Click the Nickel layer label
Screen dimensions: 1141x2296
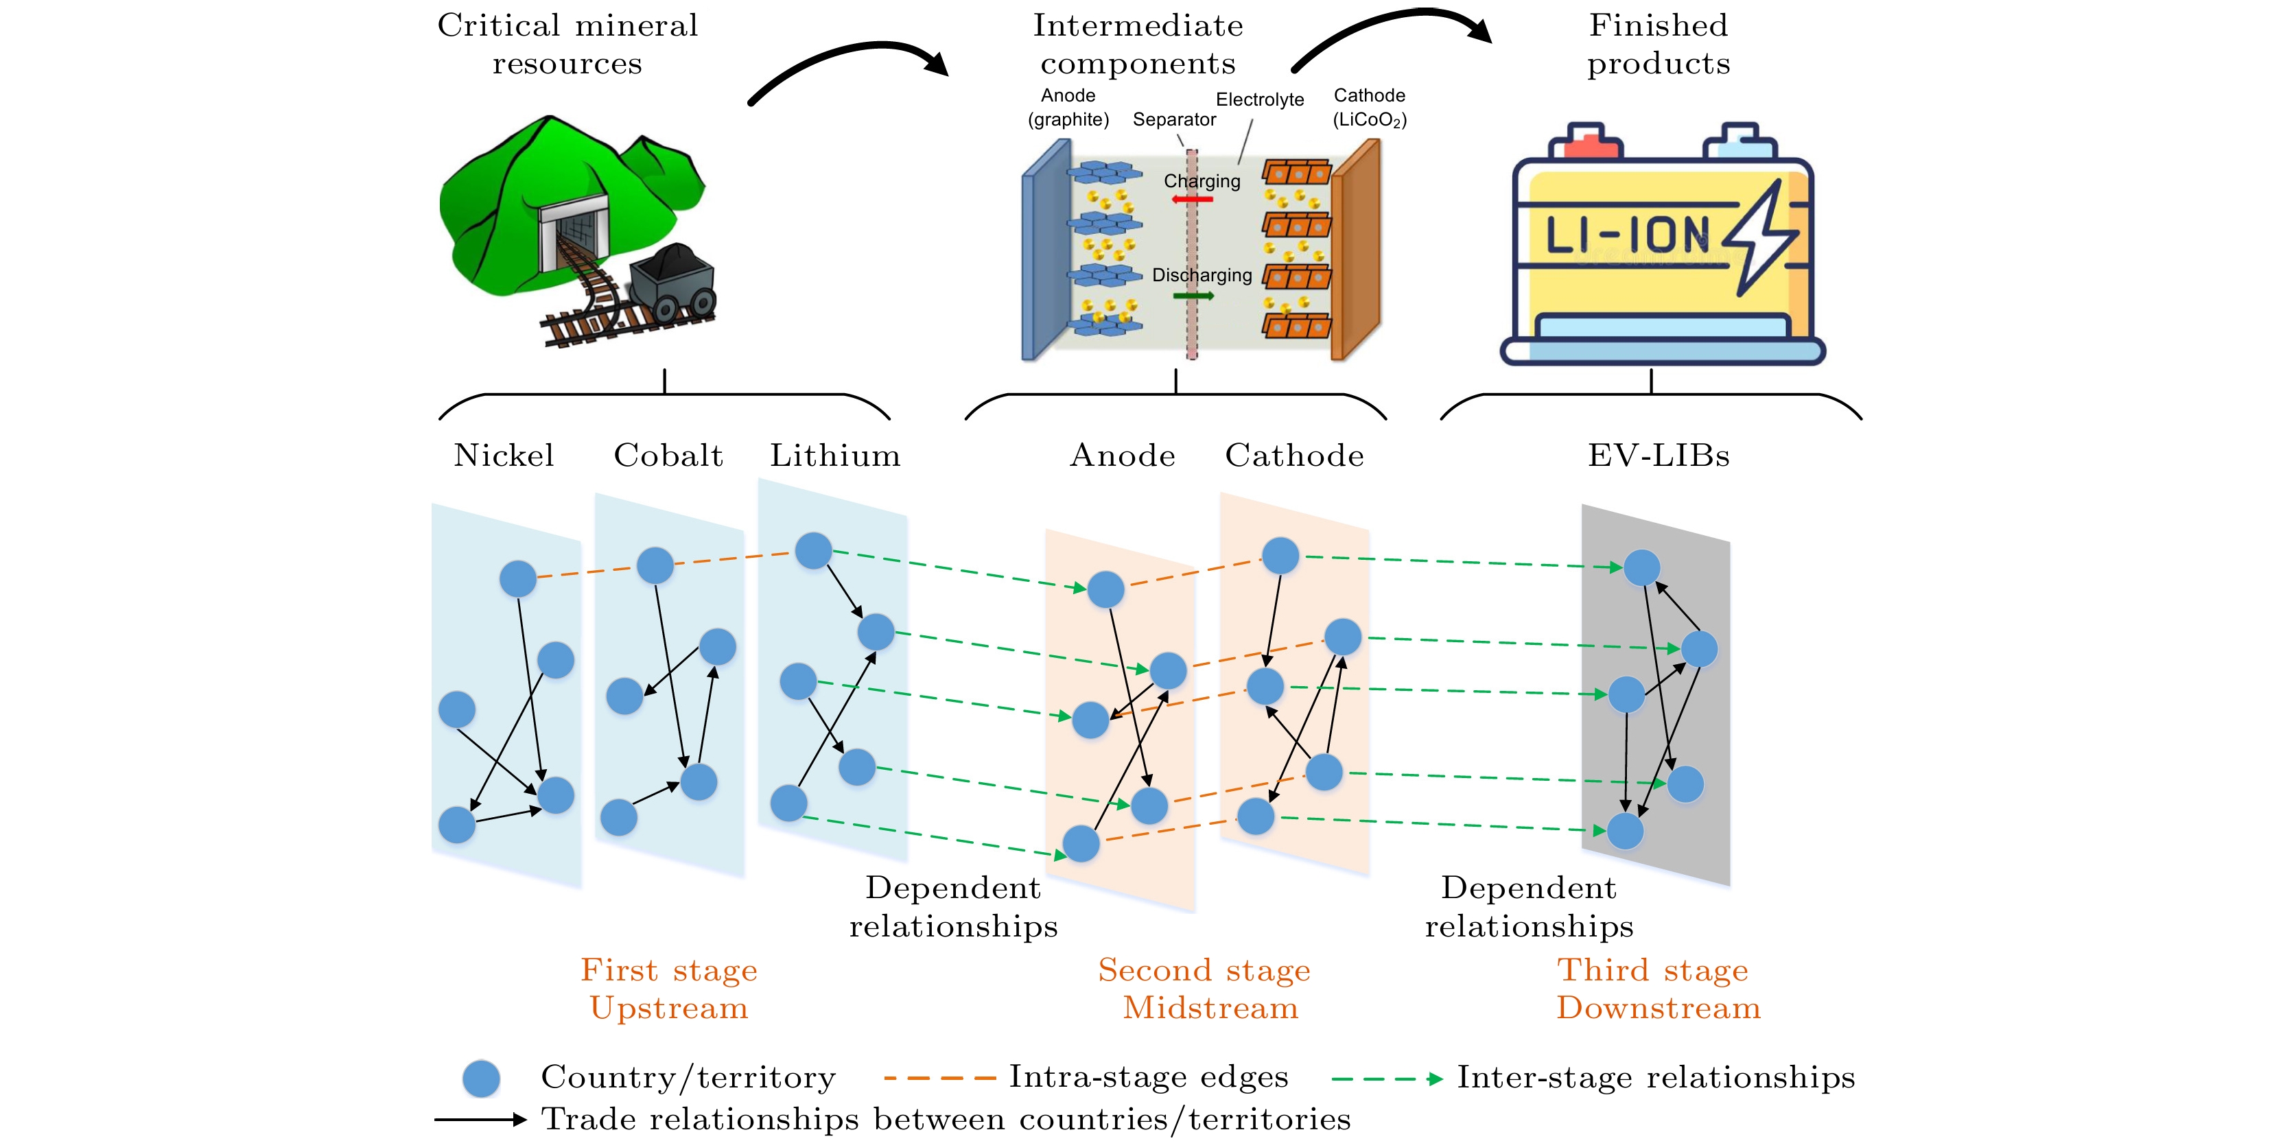pos(504,456)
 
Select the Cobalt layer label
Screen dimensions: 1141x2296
pos(668,456)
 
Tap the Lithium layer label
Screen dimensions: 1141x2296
pos(835,456)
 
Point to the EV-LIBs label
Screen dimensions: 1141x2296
pos(1658,456)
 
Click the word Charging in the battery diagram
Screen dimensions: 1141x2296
pos(1202,181)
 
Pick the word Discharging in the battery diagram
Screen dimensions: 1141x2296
pos(1202,275)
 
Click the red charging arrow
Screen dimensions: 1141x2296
pos(1193,199)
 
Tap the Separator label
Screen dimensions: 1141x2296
pos(1174,119)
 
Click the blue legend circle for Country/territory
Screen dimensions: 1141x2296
pos(481,1079)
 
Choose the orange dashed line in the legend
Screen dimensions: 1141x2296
pos(939,1079)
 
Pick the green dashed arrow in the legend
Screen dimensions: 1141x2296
pos(1387,1079)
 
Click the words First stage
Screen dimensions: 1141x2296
pos(668,970)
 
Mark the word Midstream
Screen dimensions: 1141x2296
pos(1210,1008)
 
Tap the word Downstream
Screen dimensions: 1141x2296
pos(1658,1008)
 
